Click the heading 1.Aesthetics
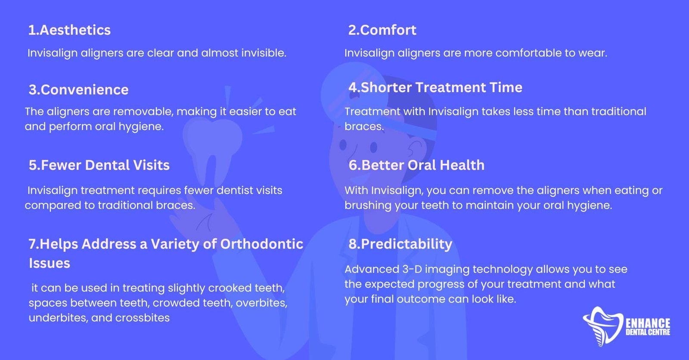[x=69, y=30]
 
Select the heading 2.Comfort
[x=382, y=30]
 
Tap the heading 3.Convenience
[x=78, y=90]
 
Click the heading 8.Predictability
[x=400, y=245]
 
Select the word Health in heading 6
[x=462, y=165]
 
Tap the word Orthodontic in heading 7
[x=262, y=244]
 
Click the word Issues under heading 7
[x=50, y=264]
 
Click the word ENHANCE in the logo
[x=648, y=323]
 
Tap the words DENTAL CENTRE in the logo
[x=648, y=332]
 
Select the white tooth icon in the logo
[x=603, y=326]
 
